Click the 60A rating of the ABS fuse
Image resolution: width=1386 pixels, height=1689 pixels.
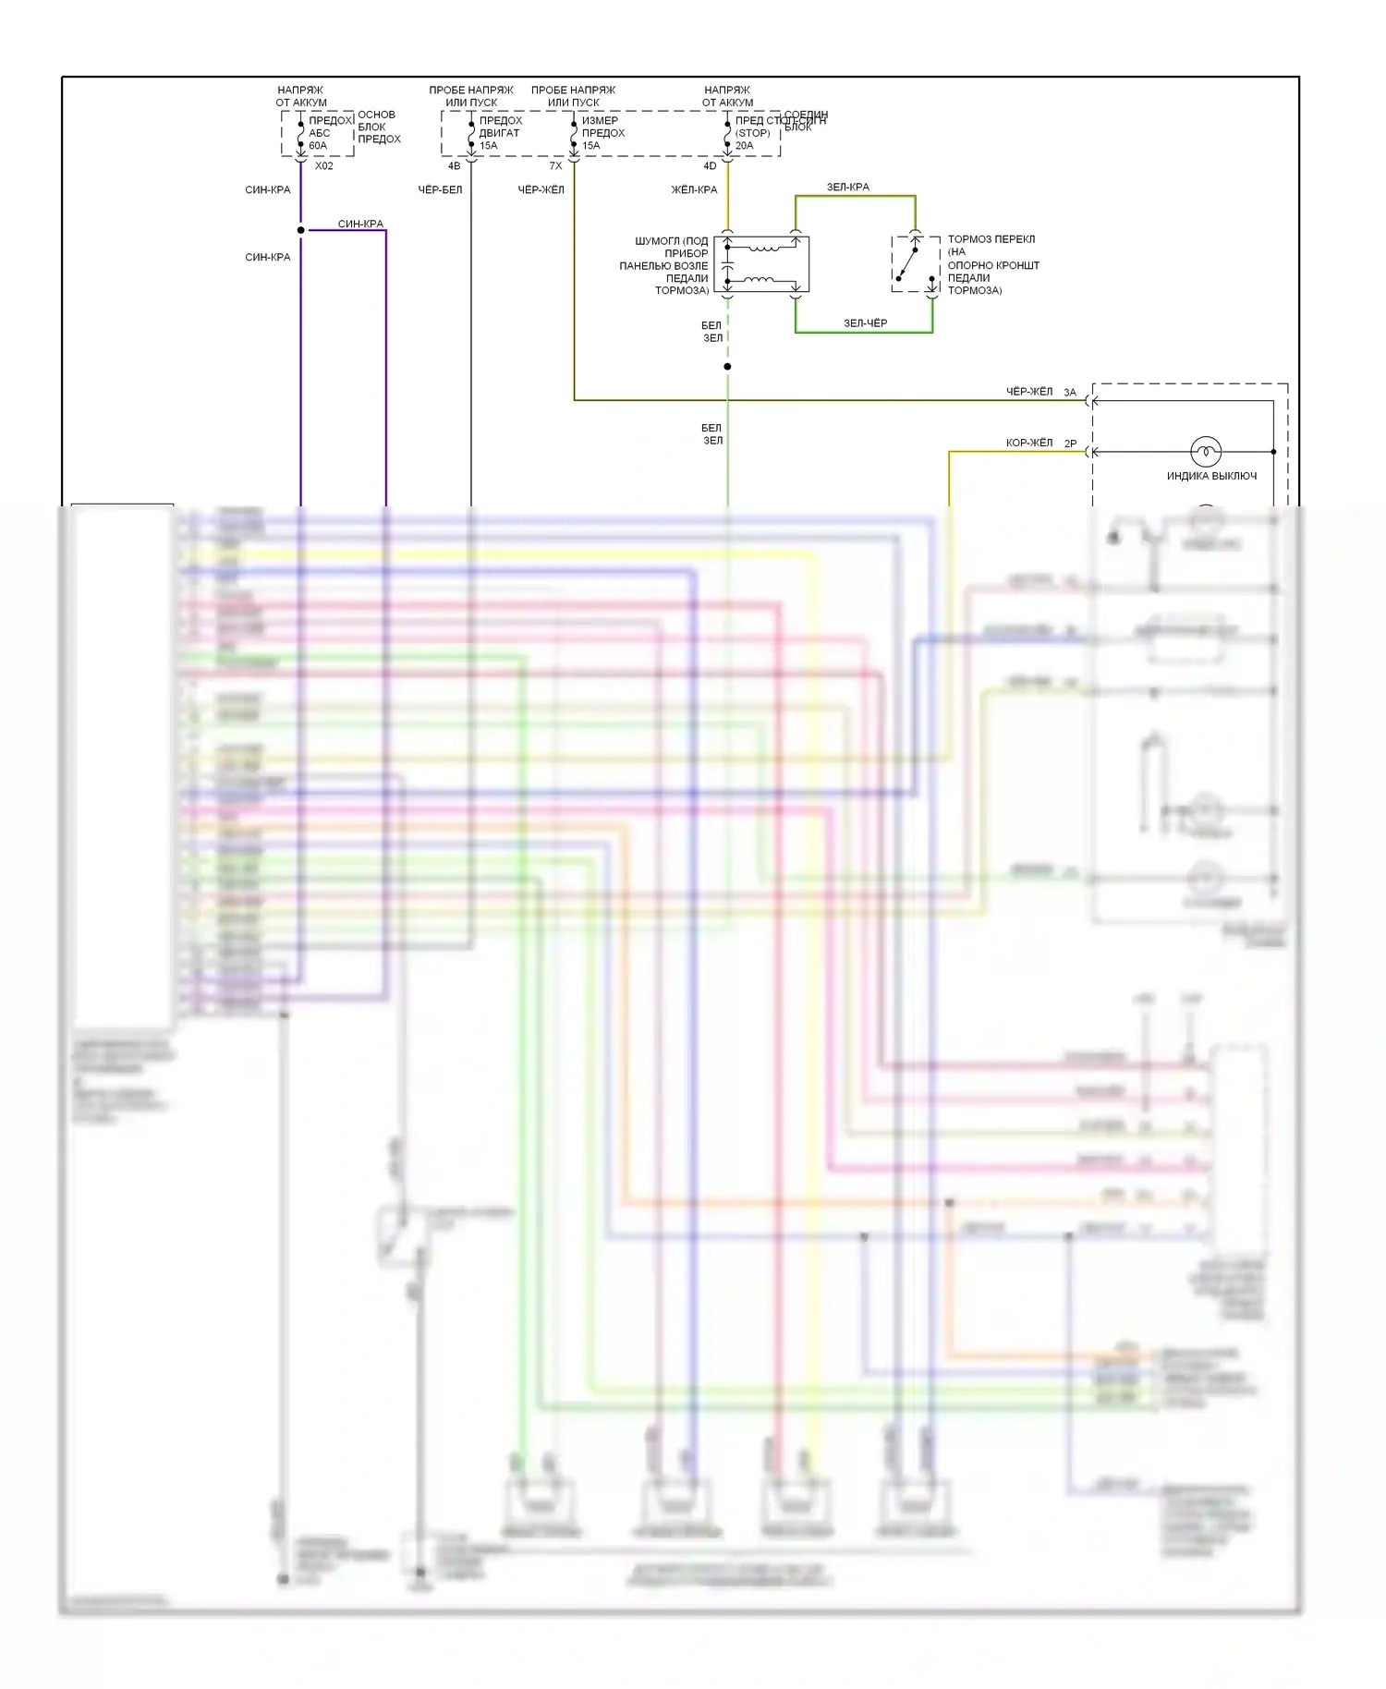[x=318, y=146]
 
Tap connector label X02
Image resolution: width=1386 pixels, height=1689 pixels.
[x=323, y=166]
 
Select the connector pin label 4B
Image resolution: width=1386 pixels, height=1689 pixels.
[x=454, y=166]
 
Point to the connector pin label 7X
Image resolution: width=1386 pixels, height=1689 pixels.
[x=555, y=166]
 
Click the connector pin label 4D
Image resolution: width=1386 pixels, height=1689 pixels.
[x=710, y=166]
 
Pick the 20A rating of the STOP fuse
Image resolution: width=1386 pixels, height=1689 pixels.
[x=744, y=146]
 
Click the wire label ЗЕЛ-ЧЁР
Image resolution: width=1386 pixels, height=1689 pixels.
[x=865, y=323]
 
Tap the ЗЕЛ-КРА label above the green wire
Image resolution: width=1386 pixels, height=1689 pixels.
[x=847, y=188]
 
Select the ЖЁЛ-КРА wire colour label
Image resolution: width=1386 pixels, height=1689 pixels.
[x=694, y=190]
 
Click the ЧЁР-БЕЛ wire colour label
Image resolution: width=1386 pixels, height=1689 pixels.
[x=440, y=190]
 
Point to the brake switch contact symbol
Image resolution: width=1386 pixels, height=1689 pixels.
[x=909, y=263]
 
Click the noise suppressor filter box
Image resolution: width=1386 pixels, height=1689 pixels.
[x=761, y=264]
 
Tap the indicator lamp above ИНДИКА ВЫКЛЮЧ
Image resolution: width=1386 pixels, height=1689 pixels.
[x=1205, y=452]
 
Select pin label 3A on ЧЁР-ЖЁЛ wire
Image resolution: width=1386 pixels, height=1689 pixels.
[x=1070, y=393]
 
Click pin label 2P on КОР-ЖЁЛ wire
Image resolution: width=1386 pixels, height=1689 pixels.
[x=1070, y=444]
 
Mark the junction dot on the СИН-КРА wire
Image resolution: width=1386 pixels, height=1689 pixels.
[x=300, y=230]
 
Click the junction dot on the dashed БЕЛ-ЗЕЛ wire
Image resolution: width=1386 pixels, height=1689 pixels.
[x=727, y=367]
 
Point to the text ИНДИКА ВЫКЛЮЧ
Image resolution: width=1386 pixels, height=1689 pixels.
[x=1211, y=477]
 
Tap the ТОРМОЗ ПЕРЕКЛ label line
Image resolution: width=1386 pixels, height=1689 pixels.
[x=991, y=239]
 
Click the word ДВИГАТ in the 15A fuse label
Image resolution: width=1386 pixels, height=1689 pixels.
[x=499, y=133]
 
